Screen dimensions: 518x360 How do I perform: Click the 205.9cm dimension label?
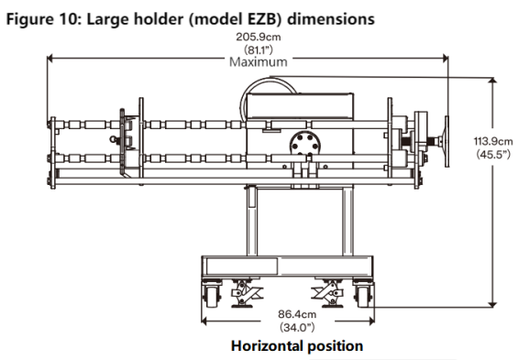259,37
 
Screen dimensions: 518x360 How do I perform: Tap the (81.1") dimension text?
259,49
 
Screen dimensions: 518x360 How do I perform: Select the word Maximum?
259,62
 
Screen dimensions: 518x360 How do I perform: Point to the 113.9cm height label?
493,142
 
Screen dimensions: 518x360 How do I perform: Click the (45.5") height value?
493,154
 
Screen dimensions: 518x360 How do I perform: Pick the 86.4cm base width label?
297,314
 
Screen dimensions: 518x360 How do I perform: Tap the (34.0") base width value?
297,327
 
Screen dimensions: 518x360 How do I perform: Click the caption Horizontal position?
297,346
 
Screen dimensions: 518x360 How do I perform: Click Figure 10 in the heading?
44,19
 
